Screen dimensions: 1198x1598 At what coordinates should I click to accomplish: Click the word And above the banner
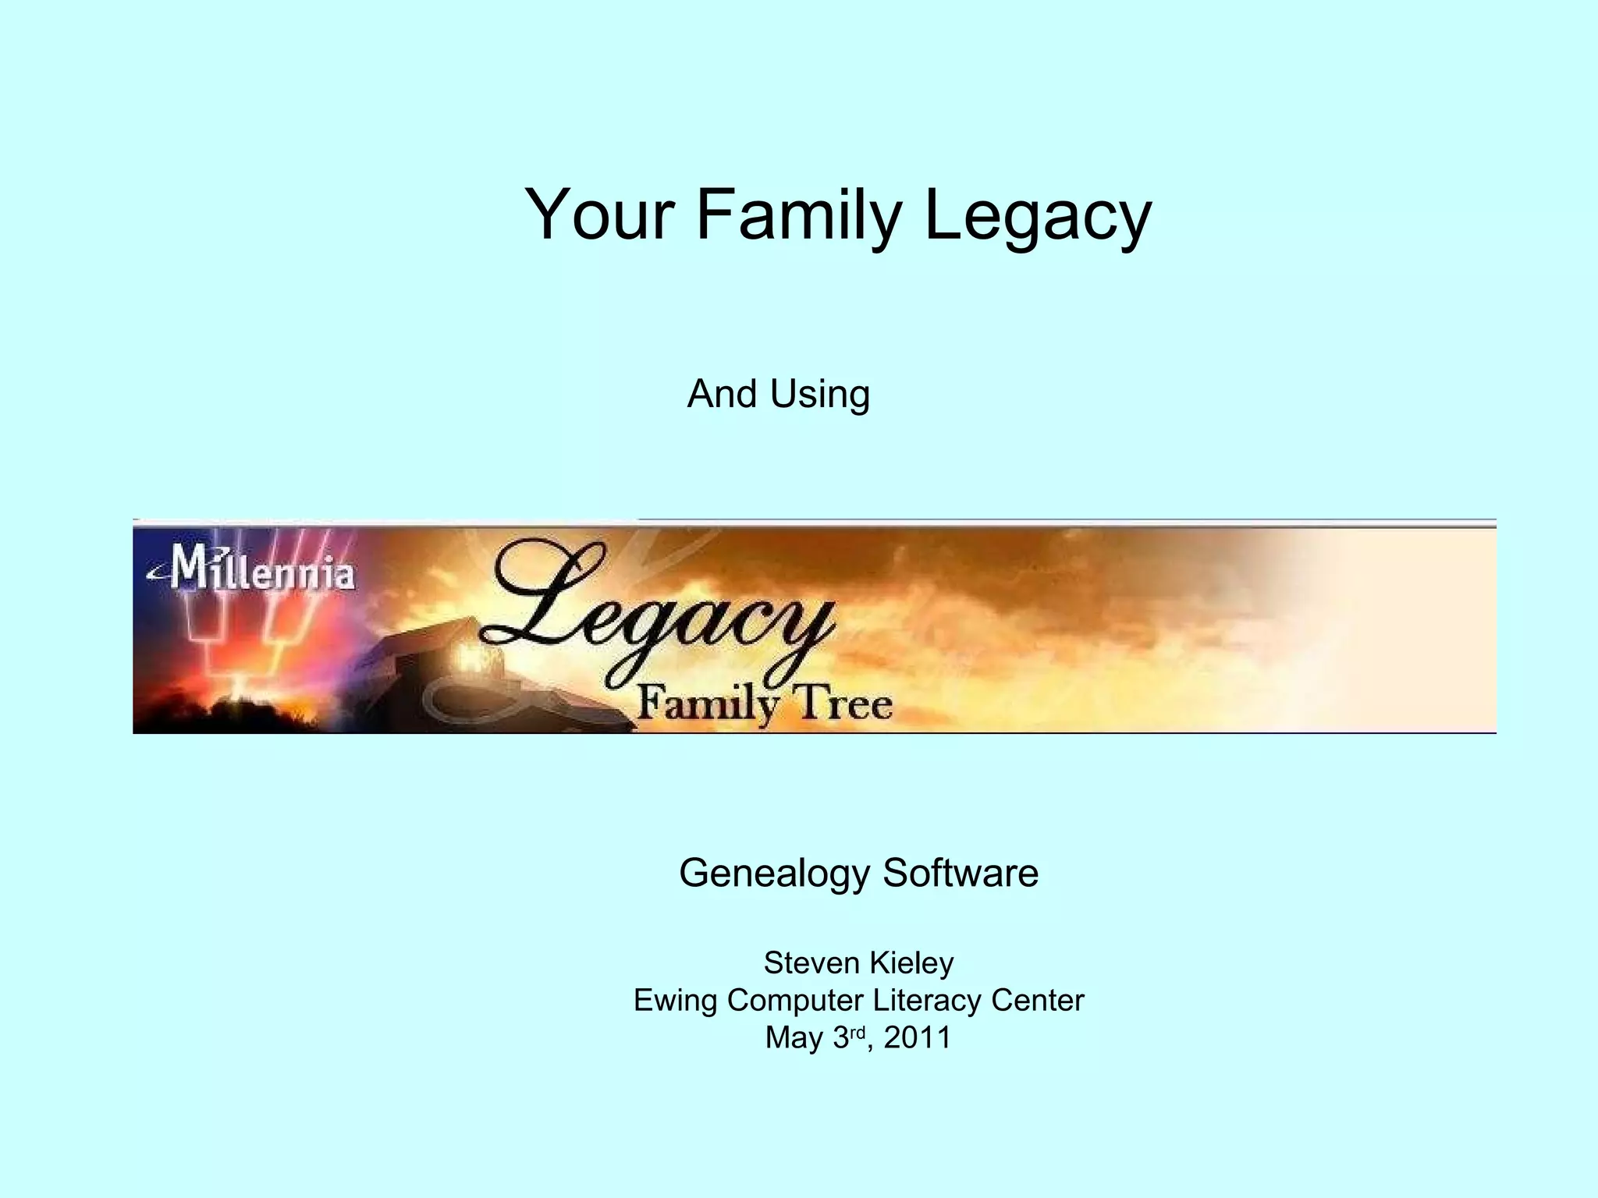pyautogui.click(x=722, y=393)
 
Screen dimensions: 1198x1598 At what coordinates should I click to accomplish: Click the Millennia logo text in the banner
pyautogui.click(x=257, y=569)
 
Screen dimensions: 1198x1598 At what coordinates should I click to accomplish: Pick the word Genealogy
pyautogui.click(x=774, y=873)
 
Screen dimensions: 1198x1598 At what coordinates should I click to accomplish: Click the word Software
pyautogui.click(x=961, y=873)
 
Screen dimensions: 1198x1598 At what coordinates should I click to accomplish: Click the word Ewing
pyautogui.click(x=675, y=1000)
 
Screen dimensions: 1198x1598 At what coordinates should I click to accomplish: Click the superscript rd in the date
pyautogui.click(x=858, y=1032)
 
